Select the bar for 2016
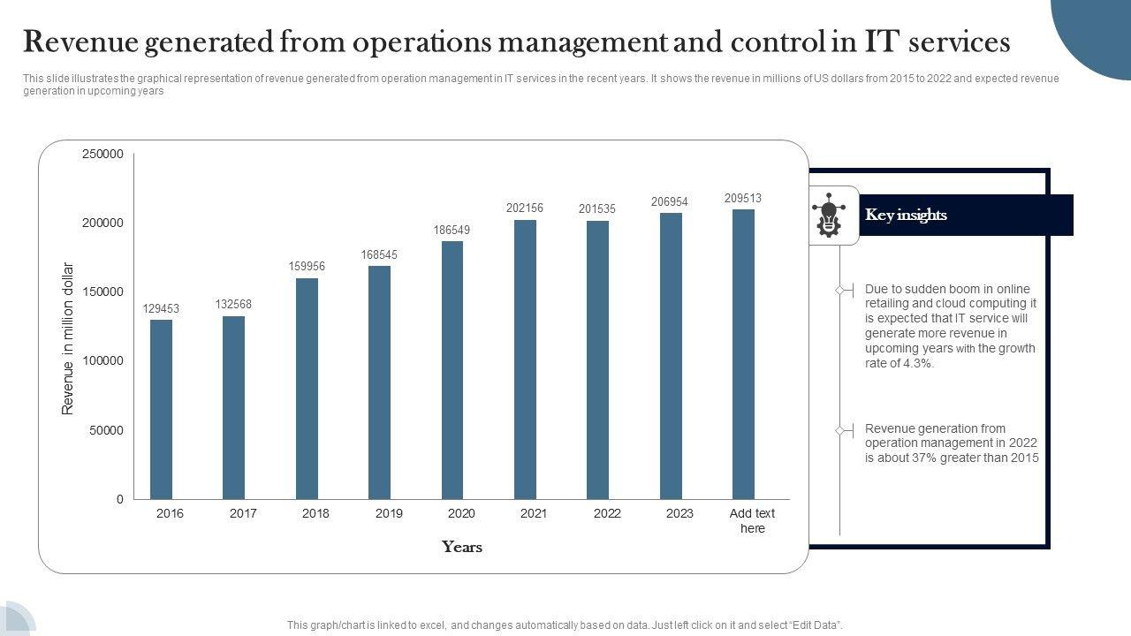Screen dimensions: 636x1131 point(161,409)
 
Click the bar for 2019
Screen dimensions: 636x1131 point(379,382)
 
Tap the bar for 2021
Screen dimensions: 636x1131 point(525,360)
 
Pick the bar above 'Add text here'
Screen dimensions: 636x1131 point(743,354)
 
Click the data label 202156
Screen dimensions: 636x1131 point(525,208)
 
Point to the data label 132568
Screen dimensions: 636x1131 point(233,305)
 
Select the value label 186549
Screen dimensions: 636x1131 point(452,230)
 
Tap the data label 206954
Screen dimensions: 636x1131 point(670,202)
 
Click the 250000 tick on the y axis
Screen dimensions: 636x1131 point(102,154)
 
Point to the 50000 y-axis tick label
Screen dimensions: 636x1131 point(106,430)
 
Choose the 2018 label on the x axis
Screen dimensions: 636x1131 point(315,513)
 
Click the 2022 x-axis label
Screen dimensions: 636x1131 point(607,513)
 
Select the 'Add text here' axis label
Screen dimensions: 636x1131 point(752,520)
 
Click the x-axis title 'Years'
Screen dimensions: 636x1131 point(462,547)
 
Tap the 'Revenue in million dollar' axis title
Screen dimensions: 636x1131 point(68,338)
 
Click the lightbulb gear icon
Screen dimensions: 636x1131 point(828,216)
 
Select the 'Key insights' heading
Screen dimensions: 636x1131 point(906,215)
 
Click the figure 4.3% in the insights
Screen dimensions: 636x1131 point(917,363)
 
